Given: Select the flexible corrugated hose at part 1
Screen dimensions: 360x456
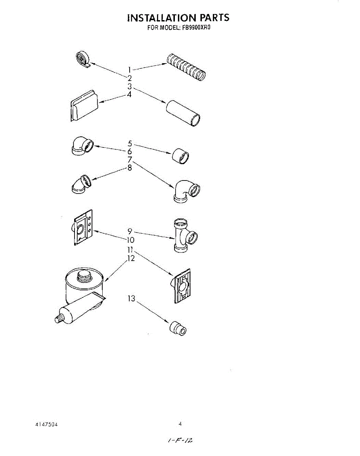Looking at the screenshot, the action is pyautogui.click(x=186, y=68).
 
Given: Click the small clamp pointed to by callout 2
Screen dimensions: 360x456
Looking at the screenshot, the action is pyautogui.click(x=83, y=59).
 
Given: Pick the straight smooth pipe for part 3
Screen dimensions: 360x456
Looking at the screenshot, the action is pyautogui.click(x=184, y=113).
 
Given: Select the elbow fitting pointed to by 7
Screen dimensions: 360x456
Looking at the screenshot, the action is pyautogui.click(x=187, y=190).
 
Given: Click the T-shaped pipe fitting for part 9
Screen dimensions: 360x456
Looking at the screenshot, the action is pyautogui.click(x=184, y=235).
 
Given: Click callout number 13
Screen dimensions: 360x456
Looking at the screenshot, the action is pyautogui.click(x=131, y=299).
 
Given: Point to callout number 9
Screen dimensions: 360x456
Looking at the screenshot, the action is pyautogui.click(x=130, y=231).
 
